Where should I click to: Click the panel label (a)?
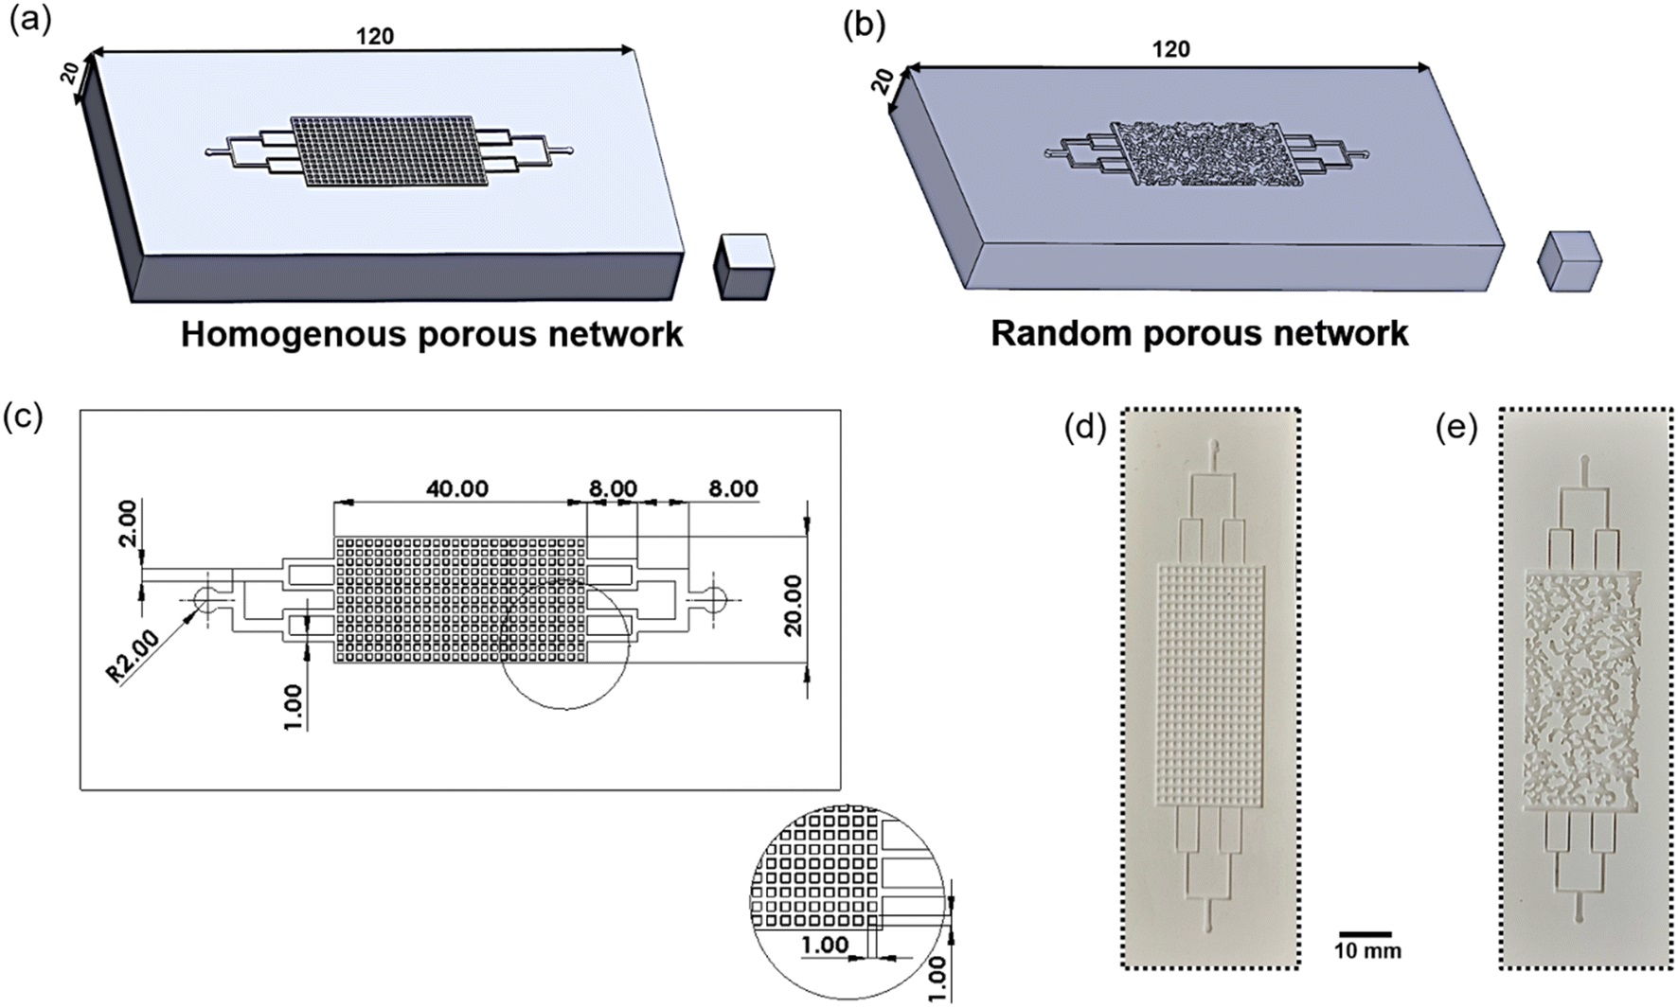(x=28, y=22)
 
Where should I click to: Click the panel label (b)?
(x=864, y=26)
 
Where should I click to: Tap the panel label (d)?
(x=1084, y=430)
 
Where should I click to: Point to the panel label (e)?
(x=1455, y=430)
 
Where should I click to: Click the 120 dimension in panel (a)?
(x=374, y=37)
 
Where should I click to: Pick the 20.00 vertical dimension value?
(x=793, y=605)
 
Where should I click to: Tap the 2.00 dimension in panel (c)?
(x=127, y=522)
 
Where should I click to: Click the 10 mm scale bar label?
(x=1367, y=951)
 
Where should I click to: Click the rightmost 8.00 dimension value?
(x=732, y=488)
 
